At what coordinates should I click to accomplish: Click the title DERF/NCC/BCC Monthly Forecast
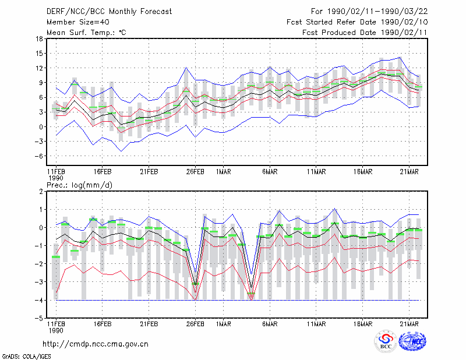pos(109,12)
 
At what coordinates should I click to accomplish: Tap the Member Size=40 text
pos(78,22)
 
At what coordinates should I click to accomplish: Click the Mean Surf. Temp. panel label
pos(86,33)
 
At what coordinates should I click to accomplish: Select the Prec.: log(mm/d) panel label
pos(79,185)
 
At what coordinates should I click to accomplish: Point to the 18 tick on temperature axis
pos(40,38)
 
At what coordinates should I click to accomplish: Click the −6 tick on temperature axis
pos(38,156)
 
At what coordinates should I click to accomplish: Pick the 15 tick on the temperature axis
pos(40,54)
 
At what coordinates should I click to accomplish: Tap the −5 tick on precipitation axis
pos(38,318)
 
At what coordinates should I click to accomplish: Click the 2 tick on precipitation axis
pos(41,192)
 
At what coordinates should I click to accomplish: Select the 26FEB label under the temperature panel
pos(195,172)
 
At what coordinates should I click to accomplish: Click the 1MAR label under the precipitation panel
pos(223,324)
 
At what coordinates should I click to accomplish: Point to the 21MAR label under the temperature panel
pos(409,172)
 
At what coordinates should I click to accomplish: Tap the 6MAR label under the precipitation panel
pos(270,324)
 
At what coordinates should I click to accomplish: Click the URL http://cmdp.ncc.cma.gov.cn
pos(96,344)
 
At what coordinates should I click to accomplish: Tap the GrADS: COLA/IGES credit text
pos(26,357)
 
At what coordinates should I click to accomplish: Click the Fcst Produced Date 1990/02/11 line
pos(365,33)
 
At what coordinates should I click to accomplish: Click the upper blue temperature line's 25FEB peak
pos(186,68)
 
